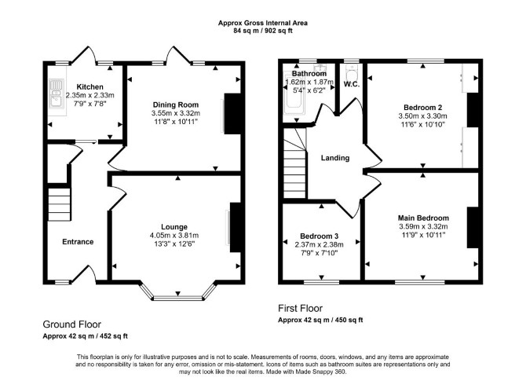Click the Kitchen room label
[90, 87]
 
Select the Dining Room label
[176, 104]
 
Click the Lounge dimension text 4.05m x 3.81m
[174, 236]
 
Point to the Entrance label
[78, 242]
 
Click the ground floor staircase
[60, 204]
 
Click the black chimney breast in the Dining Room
[232, 114]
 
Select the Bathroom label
[309, 74]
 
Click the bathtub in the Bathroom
[293, 96]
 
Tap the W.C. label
[351, 84]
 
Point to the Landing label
[335, 158]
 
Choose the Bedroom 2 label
[422, 108]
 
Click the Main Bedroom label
[423, 218]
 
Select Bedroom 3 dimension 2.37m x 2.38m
[319, 244]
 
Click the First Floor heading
[300, 308]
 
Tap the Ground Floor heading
[71, 324]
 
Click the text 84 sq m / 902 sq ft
[263, 31]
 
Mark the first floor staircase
[295, 163]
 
